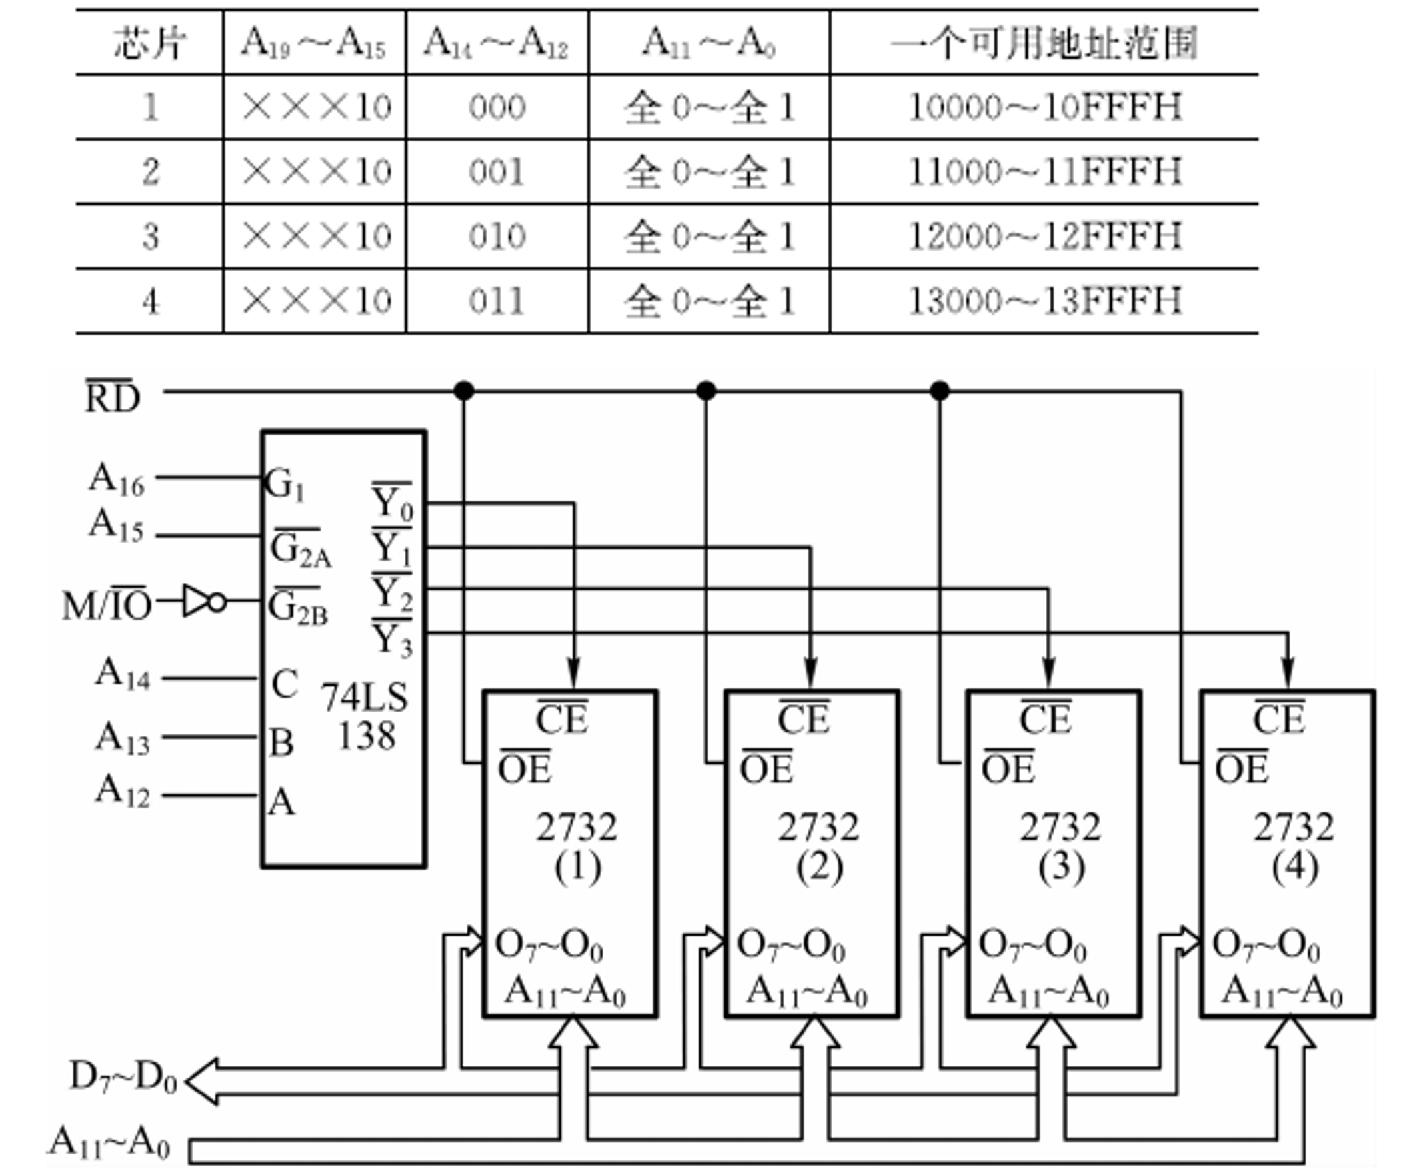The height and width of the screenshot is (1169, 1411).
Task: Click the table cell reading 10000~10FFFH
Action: click(x=1044, y=107)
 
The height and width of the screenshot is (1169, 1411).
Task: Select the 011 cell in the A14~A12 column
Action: click(x=497, y=301)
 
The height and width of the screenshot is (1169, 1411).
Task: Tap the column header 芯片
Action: click(x=149, y=44)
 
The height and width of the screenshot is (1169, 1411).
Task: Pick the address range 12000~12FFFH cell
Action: click(x=1044, y=237)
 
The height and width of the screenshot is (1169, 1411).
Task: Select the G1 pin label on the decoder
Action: click(x=285, y=484)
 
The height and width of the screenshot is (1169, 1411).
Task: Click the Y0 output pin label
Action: click(x=393, y=503)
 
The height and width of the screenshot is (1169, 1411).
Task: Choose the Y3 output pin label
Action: click(x=393, y=638)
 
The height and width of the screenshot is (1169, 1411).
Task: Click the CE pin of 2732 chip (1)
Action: click(x=562, y=719)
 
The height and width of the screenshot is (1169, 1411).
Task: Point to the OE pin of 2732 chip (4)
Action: click(x=1242, y=768)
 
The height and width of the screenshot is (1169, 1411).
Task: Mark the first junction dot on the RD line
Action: click(x=464, y=391)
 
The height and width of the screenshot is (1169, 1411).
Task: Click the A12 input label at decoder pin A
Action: click(x=122, y=790)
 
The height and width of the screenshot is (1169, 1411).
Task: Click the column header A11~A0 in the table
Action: click(x=709, y=44)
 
